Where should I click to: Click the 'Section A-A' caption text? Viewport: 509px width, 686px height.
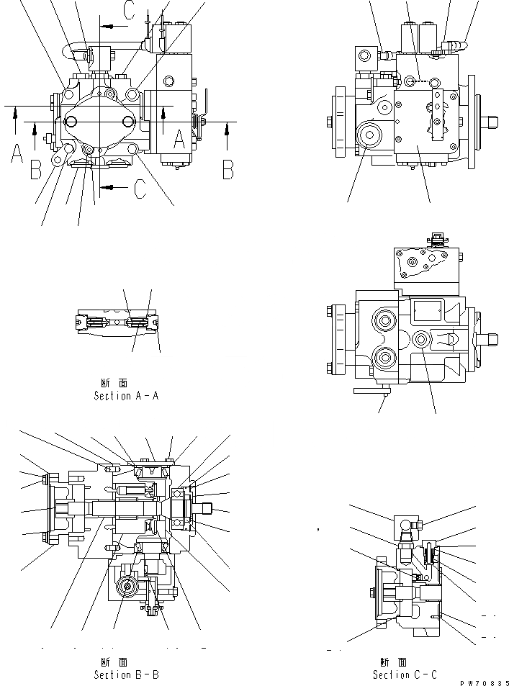coord(123,396)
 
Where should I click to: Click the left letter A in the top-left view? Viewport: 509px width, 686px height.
coord(17,153)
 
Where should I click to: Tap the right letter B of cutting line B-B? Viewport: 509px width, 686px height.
coord(228,168)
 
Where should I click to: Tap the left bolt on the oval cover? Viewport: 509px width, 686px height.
coord(71,122)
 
